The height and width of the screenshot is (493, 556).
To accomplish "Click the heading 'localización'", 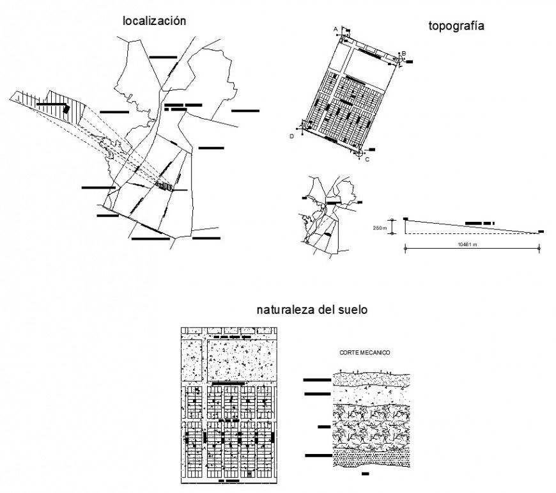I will [x=154, y=20].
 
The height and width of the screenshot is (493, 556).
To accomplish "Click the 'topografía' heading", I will [x=456, y=26].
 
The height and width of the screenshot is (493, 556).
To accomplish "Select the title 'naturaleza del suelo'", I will [x=312, y=310].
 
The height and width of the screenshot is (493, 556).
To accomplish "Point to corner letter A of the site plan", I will [x=336, y=29].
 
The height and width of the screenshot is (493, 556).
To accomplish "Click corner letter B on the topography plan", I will [x=403, y=53].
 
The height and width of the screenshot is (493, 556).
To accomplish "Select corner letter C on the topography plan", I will [x=367, y=159].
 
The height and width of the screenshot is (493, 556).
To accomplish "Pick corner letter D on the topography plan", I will [x=292, y=136].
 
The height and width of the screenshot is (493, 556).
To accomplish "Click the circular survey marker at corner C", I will [x=359, y=153].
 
